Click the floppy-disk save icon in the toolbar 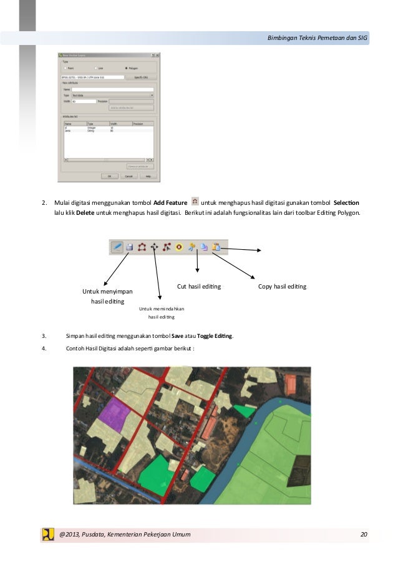click(130, 247)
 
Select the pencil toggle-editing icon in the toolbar click(117, 247)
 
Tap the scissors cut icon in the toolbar click(193, 247)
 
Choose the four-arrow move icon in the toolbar click(155, 247)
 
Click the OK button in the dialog click(109, 176)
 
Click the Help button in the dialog click(148, 176)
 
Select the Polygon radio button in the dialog click(127, 68)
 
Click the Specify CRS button click(141, 77)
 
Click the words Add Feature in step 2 click(170, 203)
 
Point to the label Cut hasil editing click(200, 287)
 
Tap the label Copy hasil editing click(282, 287)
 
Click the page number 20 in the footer click(364, 535)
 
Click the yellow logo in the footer click(48, 535)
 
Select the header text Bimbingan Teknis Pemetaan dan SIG click(316, 39)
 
